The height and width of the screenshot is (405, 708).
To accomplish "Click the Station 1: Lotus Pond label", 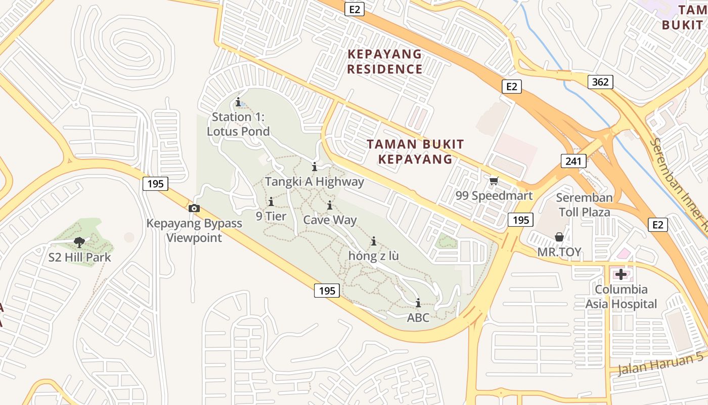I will coord(238,124).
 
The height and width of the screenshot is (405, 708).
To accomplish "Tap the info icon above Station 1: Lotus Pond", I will coord(238,102).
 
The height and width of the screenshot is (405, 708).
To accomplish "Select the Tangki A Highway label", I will coord(314,182).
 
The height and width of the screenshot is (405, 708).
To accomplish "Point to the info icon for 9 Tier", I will coord(271,202).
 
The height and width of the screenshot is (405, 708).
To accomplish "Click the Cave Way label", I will coord(330,220).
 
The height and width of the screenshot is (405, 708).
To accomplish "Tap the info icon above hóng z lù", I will coord(374,241).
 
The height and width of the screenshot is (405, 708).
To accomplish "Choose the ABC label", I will coord(418,318).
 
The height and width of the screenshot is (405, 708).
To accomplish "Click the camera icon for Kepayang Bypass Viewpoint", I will coord(194,208).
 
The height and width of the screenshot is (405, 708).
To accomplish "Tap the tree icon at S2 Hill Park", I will coord(79,242).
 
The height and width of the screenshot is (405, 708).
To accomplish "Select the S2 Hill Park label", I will coord(79,257).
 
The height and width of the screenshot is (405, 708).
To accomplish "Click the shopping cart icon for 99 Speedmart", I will coord(494,181).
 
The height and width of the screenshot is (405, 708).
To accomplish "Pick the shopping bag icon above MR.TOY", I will coord(559,237).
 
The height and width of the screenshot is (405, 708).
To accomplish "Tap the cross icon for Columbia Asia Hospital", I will coord(621,275).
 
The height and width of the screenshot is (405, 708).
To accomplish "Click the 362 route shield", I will coord(600,82).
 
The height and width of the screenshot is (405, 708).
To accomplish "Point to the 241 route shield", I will coord(573,161).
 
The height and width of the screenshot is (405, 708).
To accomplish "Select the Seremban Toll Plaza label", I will coord(584,205).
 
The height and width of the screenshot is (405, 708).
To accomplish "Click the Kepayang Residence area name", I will coord(385,61).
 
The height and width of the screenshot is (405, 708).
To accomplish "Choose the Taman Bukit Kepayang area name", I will coord(415,151).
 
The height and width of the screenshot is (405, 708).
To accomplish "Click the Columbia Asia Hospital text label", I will coord(621,297).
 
